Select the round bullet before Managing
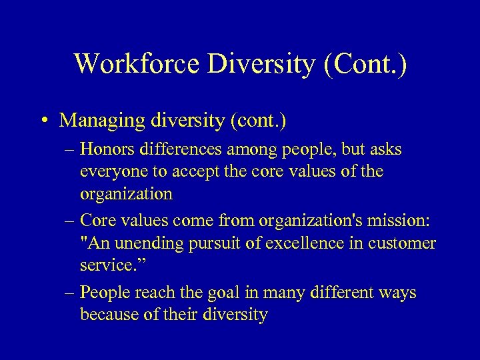(43, 121)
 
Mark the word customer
(401, 244)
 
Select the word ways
(397, 293)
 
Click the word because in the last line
(109, 315)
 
